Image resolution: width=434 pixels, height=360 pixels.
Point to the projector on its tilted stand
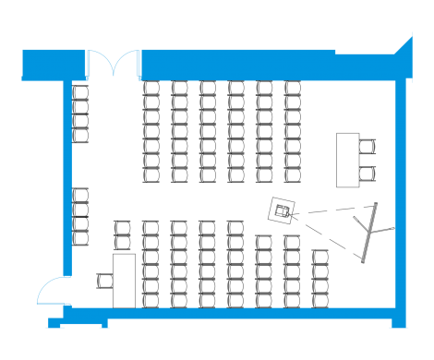pos(283,211)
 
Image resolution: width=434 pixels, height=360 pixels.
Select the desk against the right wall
pos(347,158)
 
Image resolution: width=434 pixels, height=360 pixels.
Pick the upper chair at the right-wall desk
pos(368,146)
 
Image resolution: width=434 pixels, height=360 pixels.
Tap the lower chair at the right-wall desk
pos(368,172)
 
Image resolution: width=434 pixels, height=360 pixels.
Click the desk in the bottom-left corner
pos(125,280)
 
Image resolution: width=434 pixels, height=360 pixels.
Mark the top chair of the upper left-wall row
pos(80,92)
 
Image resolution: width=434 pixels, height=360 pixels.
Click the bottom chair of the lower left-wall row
pos(80,238)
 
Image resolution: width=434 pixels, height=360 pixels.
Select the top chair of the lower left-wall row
pos(80,195)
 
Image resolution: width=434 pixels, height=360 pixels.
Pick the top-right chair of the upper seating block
pos(293,89)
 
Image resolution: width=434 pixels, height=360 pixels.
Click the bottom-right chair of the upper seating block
pos(293,175)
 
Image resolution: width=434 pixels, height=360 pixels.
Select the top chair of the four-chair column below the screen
pos(320,258)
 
